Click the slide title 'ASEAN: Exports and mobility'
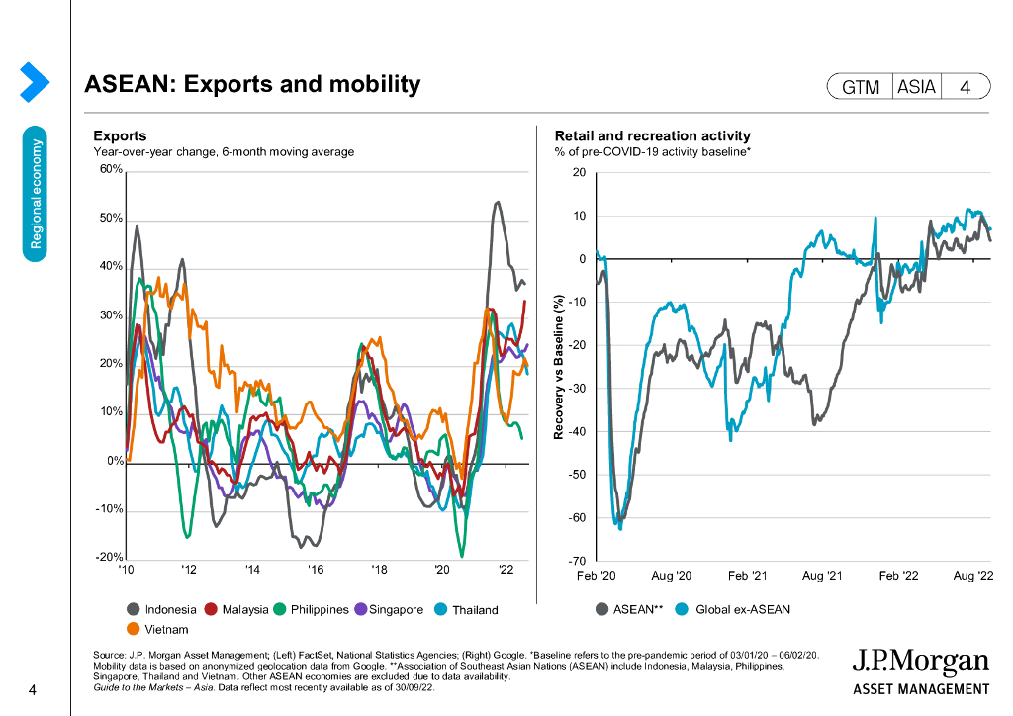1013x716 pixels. pyautogui.click(x=253, y=84)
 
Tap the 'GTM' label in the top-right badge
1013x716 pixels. pyautogui.click(x=861, y=87)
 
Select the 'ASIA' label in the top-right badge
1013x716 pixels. pyautogui.click(x=916, y=87)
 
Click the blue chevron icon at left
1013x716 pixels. pyautogui.click(x=34, y=82)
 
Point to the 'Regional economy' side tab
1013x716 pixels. pyautogui.click(x=37, y=193)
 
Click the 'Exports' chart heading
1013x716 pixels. pyautogui.click(x=120, y=136)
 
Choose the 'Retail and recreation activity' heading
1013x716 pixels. pyautogui.click(x=652, y=136)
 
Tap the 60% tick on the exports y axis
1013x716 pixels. pyautogui.click(x=109, y=170)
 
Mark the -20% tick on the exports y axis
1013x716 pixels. pyautogui.click(x=108, y=558)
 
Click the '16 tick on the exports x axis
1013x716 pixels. pyautogui.click(x=316, y=570)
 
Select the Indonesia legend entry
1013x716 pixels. pyautogui.click(x=162, y=609)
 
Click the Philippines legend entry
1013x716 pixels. pyautogui.click(x=311, y=609)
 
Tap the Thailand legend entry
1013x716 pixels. pyautogui.click(x=467, y=609)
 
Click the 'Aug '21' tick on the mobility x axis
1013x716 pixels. pyautogui.click(x=822, y=575)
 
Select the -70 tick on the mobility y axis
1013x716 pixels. pyautogui.click(x=578, y=561)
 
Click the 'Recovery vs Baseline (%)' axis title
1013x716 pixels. pyautogui.click(x=559, y=367)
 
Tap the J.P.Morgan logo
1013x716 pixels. pyautogui.click(x=920, y=671)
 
